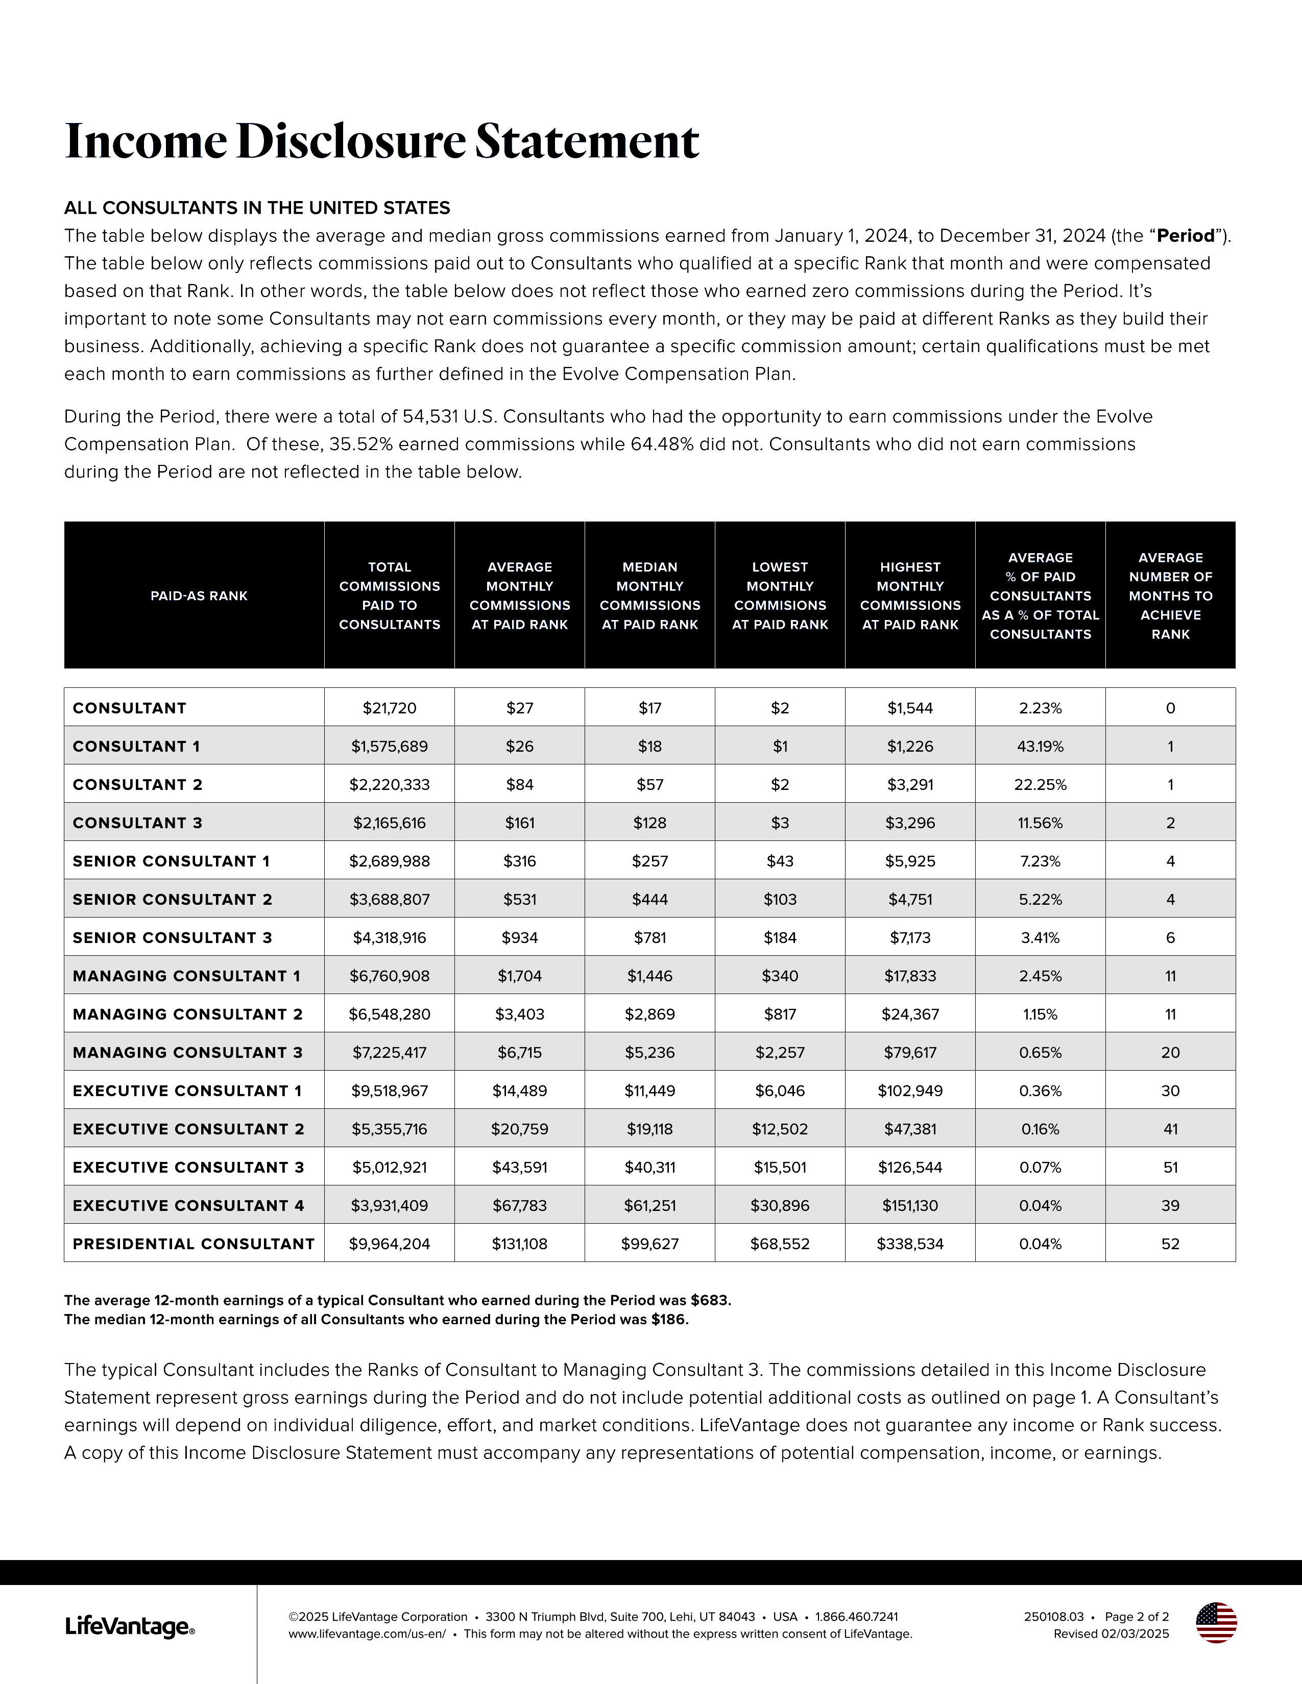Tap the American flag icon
pyautogui.click(x=1216, y=1622)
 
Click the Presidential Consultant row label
pyautogui.click(x=194, y=1244)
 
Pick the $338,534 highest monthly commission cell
pyautogui.click(x=910, y=1244)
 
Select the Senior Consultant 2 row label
pyautogui.click(x=172, y=899)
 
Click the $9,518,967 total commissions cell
pyautogui.click(x=390, y=1091)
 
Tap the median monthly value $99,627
pyautogui.click(x=649, y=1244)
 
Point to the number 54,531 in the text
pyautogui.click(x=430, y=417)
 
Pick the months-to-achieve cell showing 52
pyautogui.click(x=1170, y=1244)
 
